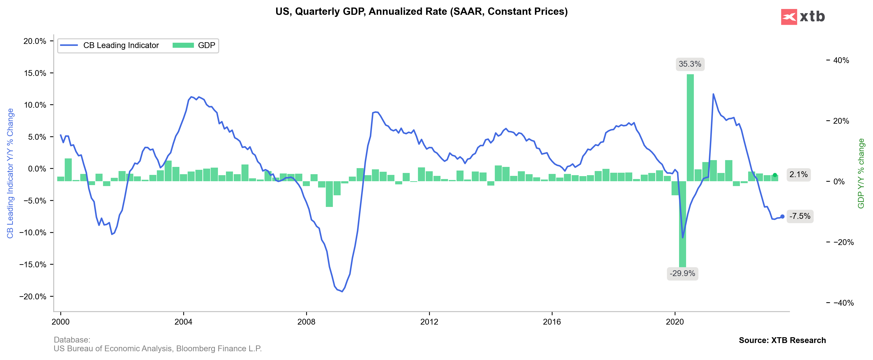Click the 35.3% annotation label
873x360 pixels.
(690, 64)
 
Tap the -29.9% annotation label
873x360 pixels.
(682, 273)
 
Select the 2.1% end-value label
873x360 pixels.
(798, 175)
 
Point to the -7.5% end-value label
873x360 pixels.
(800, 216)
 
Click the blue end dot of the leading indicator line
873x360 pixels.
(782, 216)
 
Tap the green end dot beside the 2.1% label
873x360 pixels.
(775, 175)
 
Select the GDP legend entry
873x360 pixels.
(194, 45)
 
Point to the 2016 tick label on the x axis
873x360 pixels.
(552, 322)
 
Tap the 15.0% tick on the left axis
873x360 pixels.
(35, 73)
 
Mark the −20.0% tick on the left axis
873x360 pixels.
(33, 297)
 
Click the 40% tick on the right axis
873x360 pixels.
(841, 60)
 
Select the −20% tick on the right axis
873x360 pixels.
(843, 242)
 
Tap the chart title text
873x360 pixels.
(421, 12)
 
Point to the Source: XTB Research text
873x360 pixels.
(782, 340)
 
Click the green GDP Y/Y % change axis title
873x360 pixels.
(861, 173)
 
